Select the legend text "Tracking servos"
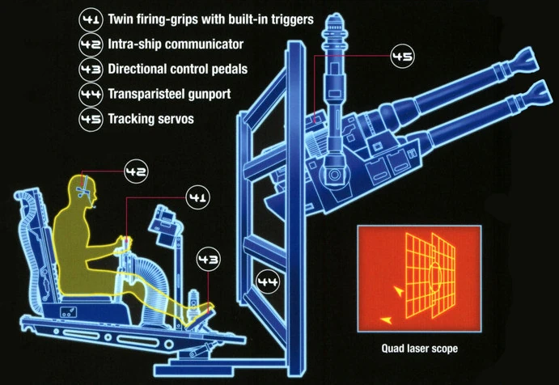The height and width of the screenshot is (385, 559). pos(146,119)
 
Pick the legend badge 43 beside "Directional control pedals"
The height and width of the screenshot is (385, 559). pos(91,70)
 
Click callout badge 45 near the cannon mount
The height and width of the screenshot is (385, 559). pos(402,57)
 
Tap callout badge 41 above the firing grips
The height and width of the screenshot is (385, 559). pos(197,196)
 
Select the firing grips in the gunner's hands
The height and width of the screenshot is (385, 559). pos(125,243)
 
